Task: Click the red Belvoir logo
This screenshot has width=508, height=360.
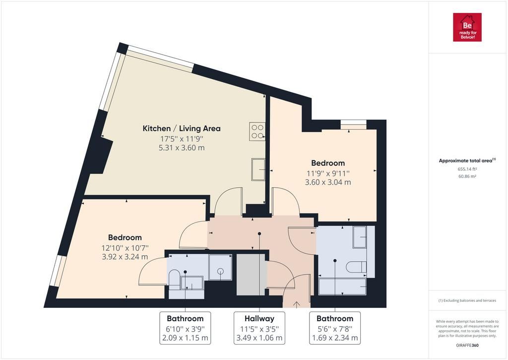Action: click(467, 27)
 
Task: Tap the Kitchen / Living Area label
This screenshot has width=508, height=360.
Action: click(182, 129)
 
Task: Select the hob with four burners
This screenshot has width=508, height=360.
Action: click(257, 132)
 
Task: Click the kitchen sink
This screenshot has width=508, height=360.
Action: click(258, 169)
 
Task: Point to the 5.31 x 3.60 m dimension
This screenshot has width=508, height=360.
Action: click(182, 148)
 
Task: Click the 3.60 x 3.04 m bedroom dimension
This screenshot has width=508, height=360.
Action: click(328, 182)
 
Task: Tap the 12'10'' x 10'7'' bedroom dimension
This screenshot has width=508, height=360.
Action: click(125, 248)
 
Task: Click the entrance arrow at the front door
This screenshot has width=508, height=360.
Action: click(297, 304)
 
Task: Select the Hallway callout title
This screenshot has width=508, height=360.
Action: click(259, 318)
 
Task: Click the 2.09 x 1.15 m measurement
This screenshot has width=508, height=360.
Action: click(185, 338)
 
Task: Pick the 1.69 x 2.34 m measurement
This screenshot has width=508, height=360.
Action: click(335, 338)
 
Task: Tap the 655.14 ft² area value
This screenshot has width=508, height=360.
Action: click(467, 169)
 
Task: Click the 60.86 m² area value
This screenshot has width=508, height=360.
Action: click(467, 176)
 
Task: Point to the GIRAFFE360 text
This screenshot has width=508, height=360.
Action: click(467, 346)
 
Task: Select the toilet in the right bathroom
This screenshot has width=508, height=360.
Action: click(356, 267)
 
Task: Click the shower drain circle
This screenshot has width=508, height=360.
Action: click(221, 271)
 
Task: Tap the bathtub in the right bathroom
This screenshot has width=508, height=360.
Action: click(342, 287)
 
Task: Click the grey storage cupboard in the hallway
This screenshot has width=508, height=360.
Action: click(251, 275)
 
